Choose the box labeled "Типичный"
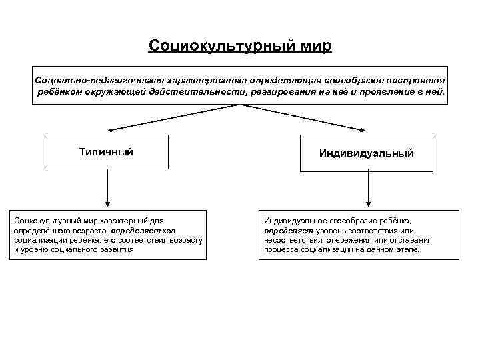pos(107,152)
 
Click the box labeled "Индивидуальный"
pos(366,153)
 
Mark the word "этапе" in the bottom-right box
pos(407,249)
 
